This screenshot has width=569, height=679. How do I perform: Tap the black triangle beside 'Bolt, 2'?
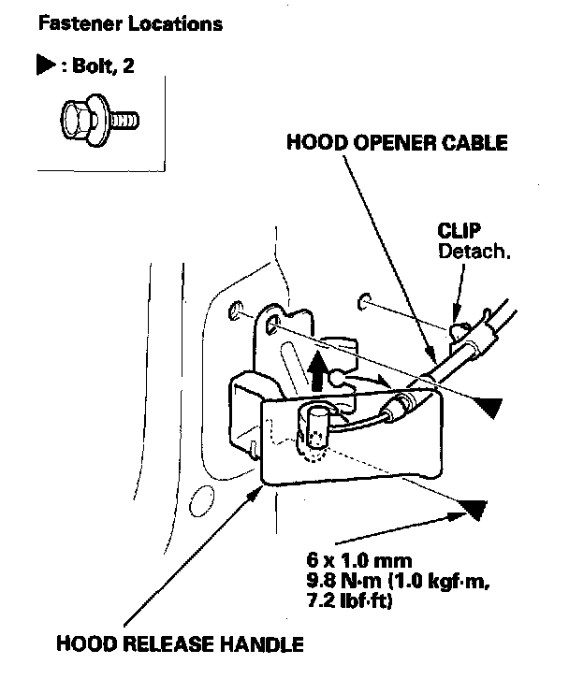(x=43, y=69)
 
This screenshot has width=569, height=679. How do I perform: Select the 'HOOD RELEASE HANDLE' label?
(x=180, y=644)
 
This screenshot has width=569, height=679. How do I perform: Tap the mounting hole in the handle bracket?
(x=274, y=324)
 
